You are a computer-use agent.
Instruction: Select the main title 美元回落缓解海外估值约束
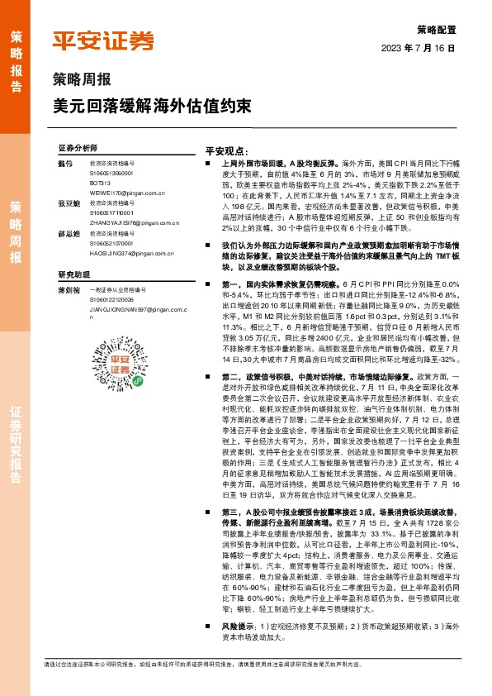point(148,106)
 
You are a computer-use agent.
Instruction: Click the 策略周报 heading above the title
point(81,81)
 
